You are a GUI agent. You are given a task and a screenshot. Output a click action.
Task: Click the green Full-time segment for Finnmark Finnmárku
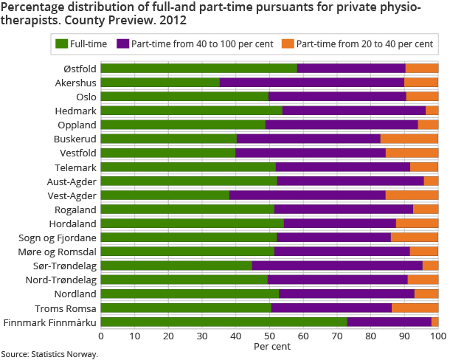[224, 322]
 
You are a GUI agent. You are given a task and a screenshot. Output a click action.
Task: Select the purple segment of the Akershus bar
[312, 83]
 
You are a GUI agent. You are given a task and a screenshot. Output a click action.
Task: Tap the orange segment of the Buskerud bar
[409, 139]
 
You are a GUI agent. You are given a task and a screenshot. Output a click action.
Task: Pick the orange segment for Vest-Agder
[412, 195]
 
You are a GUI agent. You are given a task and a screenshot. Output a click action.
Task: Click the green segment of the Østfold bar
[198, 69]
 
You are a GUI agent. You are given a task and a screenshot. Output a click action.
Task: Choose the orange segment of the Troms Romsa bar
[415, 308]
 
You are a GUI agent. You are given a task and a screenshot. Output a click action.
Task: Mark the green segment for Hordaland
[192, 223]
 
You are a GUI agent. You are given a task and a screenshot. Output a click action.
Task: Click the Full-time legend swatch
[61, 44]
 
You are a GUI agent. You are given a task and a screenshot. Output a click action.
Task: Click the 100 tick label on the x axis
[438, 336]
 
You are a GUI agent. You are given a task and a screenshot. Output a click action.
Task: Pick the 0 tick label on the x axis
[100, 336]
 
